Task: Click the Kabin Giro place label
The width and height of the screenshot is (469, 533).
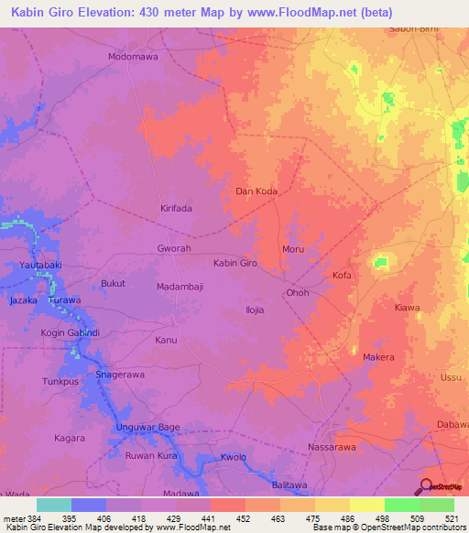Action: (234, 263)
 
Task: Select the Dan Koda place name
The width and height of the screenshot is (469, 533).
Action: (256, 191)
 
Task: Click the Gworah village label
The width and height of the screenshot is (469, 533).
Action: (174, 248)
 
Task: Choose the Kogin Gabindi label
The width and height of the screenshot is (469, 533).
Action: (69, 332)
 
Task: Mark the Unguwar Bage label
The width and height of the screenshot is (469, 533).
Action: (147, 428)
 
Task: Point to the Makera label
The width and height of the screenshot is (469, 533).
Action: (378, 357)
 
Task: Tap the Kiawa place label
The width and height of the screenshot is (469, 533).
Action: (408, 308)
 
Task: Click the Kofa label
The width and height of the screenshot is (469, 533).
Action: (342, 275)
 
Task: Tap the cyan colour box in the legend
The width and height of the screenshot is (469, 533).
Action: (53, 505)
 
